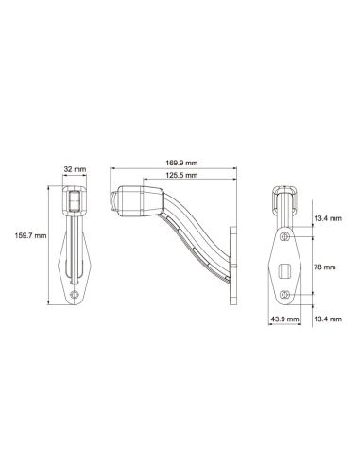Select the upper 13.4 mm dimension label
[x=327, y=218]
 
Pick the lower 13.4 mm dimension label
[x=327, y=320]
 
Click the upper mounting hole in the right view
[x=285, y=236]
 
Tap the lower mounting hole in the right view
[x=285, y=296]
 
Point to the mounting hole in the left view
[x=75, y=296]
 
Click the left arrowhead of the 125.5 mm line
[x=145, y=183]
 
